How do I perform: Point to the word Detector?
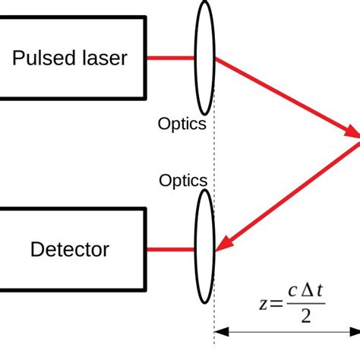pyautogui.click(x=69, y=249)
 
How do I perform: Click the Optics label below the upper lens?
pyautogui.click(x=182, y=124)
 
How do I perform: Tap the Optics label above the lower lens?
pyautogui.click(x=183, y=181)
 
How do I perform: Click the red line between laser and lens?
pyautogui.click(x=171, y=58)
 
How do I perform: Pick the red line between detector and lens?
pyautogui.click(x=171, y=248)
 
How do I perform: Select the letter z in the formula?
pyautogui.click(x=263, y=304)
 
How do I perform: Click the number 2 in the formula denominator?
pyautogui.click(x=305, y=316)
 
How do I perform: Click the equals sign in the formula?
pyautogui.click(x=276, y=304)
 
